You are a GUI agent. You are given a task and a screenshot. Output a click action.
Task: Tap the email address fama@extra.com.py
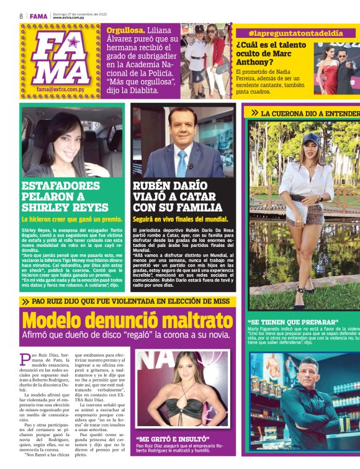point(60,89)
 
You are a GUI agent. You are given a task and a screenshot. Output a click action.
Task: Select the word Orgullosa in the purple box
point(125,30)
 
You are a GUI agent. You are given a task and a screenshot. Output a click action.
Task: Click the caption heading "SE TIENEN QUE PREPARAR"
point(293,322)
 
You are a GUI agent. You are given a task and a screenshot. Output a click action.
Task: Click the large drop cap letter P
point(25,358)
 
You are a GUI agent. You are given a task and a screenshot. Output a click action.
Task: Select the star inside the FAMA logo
point(73,43)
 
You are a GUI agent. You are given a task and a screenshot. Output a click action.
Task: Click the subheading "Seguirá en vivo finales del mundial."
point(181,219)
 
